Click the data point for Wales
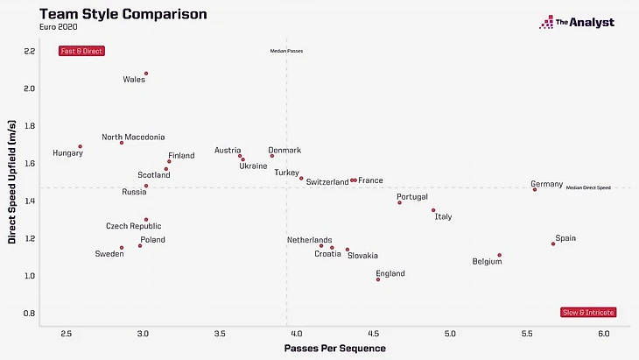click(146, 74)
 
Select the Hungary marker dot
click(80, 146)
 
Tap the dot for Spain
click(553, 244)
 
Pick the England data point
click(378, 279)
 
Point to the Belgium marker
click(500, 255)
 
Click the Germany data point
click(535, 189)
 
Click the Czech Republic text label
click(134, 226)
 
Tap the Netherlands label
click(310, 239)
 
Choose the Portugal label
click(412, 197)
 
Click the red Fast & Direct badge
click(81, 51)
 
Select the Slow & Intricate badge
click(588, 312)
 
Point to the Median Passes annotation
click(286, 52)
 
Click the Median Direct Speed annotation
click(588, 187)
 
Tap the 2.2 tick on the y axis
click(29, 51)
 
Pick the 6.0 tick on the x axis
click(603, 334)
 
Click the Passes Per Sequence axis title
click(334, 349)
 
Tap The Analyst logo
click(577, 23)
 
